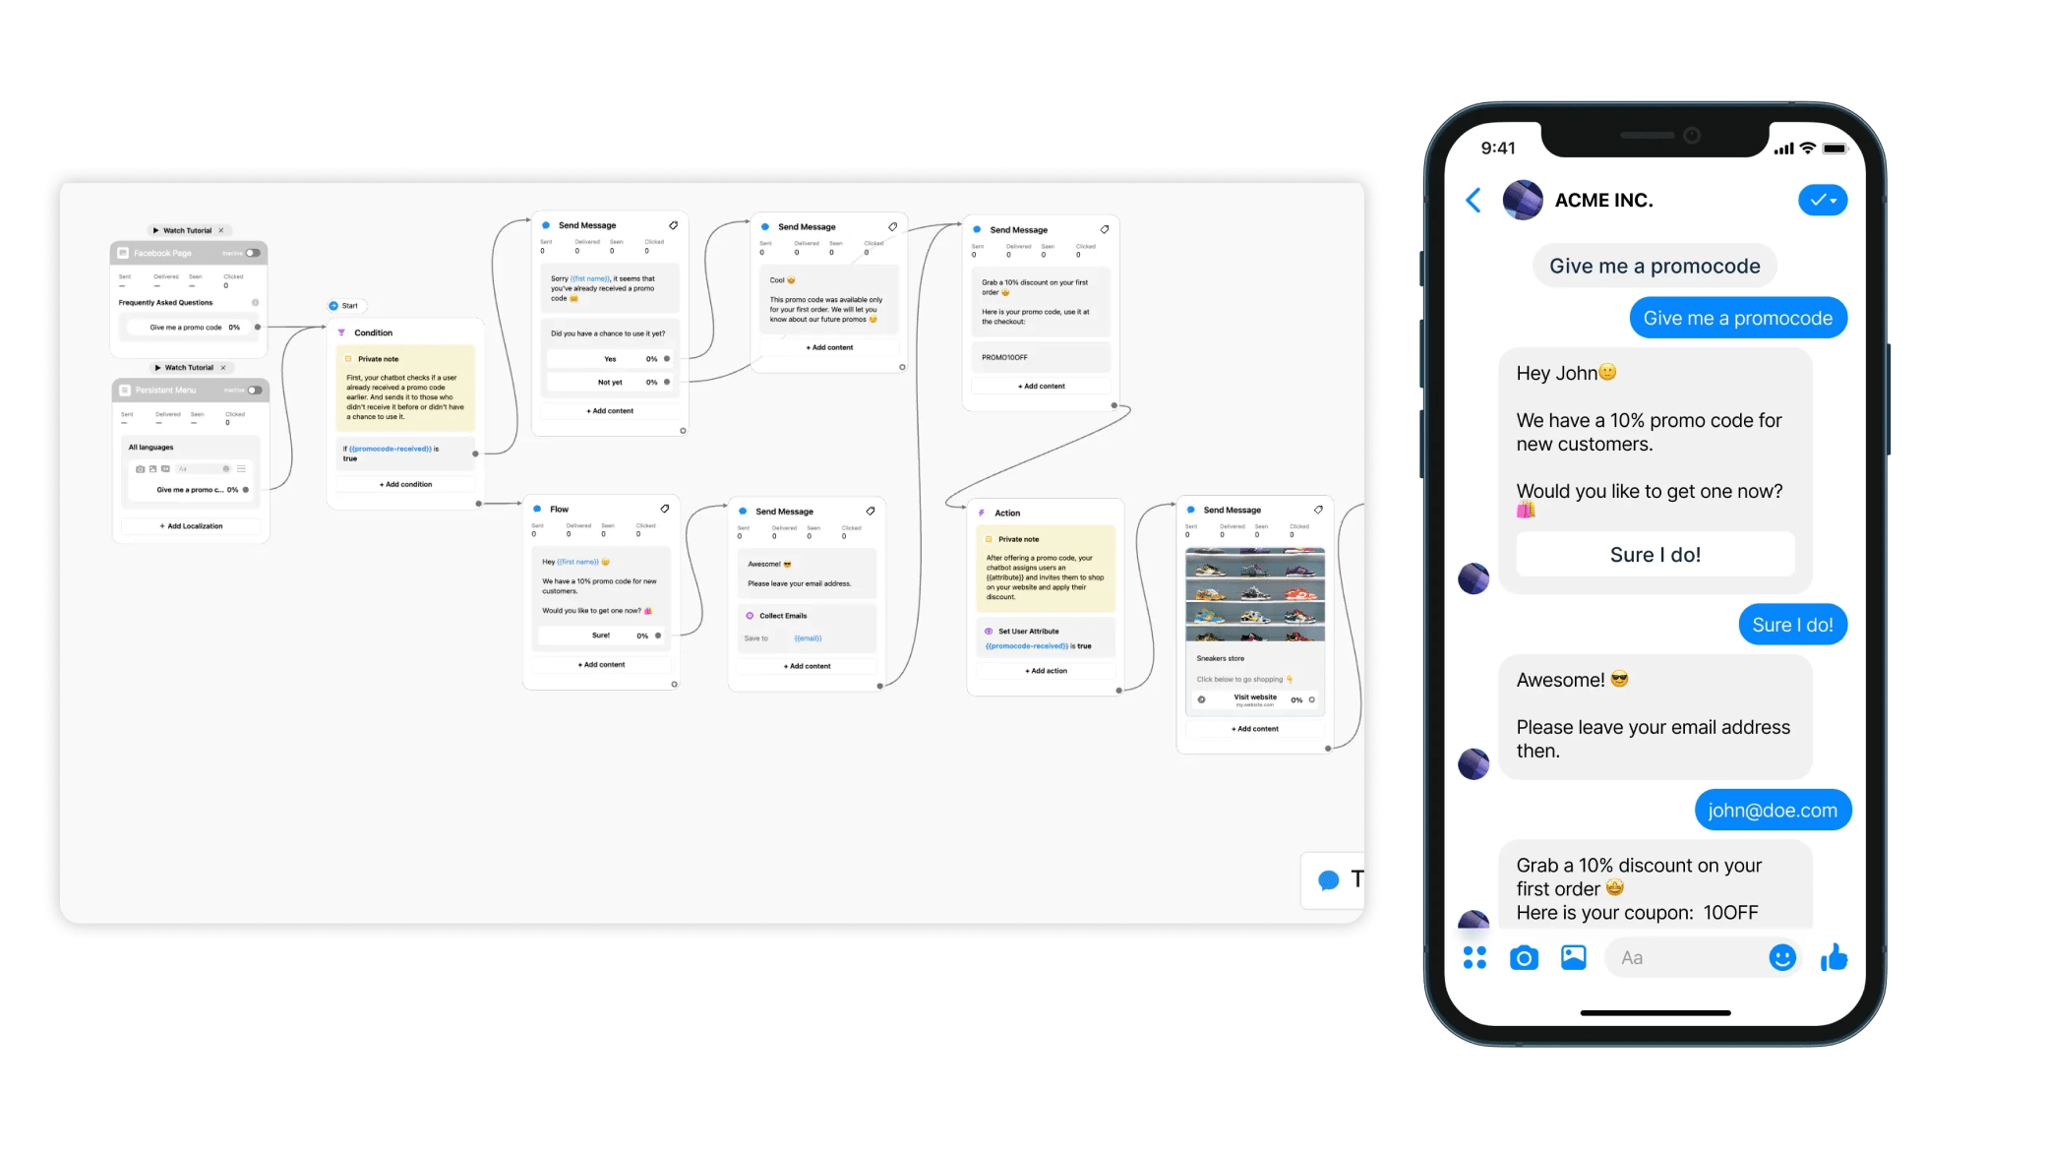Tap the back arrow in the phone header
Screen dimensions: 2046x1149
pos(1473,201)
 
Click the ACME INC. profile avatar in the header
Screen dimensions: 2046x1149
pos(1522,201)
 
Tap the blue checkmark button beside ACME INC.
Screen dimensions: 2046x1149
pos(1822,201)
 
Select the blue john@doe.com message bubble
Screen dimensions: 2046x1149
pos(1772,811)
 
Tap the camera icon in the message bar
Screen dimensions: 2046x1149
pos(1524,957)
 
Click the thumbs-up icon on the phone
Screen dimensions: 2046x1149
pos(1834,957)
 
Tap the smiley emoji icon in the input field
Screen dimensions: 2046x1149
pos(1781,957)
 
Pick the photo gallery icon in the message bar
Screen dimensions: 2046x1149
pos(1574,957)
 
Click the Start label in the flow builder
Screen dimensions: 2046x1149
pos(349,306)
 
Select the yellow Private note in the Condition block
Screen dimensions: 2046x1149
pos(405,388)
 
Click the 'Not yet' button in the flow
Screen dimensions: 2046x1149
pos(610,383)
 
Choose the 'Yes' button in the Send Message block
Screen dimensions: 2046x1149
pos(610,359)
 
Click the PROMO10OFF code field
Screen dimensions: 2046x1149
pos(1040,357)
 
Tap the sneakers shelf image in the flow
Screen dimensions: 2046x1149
pos(1255,594)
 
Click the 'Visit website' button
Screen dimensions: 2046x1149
pos(1255,698)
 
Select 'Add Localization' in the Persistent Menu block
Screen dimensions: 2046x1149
pos(191,526)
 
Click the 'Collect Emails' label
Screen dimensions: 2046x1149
pos(783,616)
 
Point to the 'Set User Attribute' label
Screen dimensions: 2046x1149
pos(1028,632)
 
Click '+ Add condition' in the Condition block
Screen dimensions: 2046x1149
pos(405,484)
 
